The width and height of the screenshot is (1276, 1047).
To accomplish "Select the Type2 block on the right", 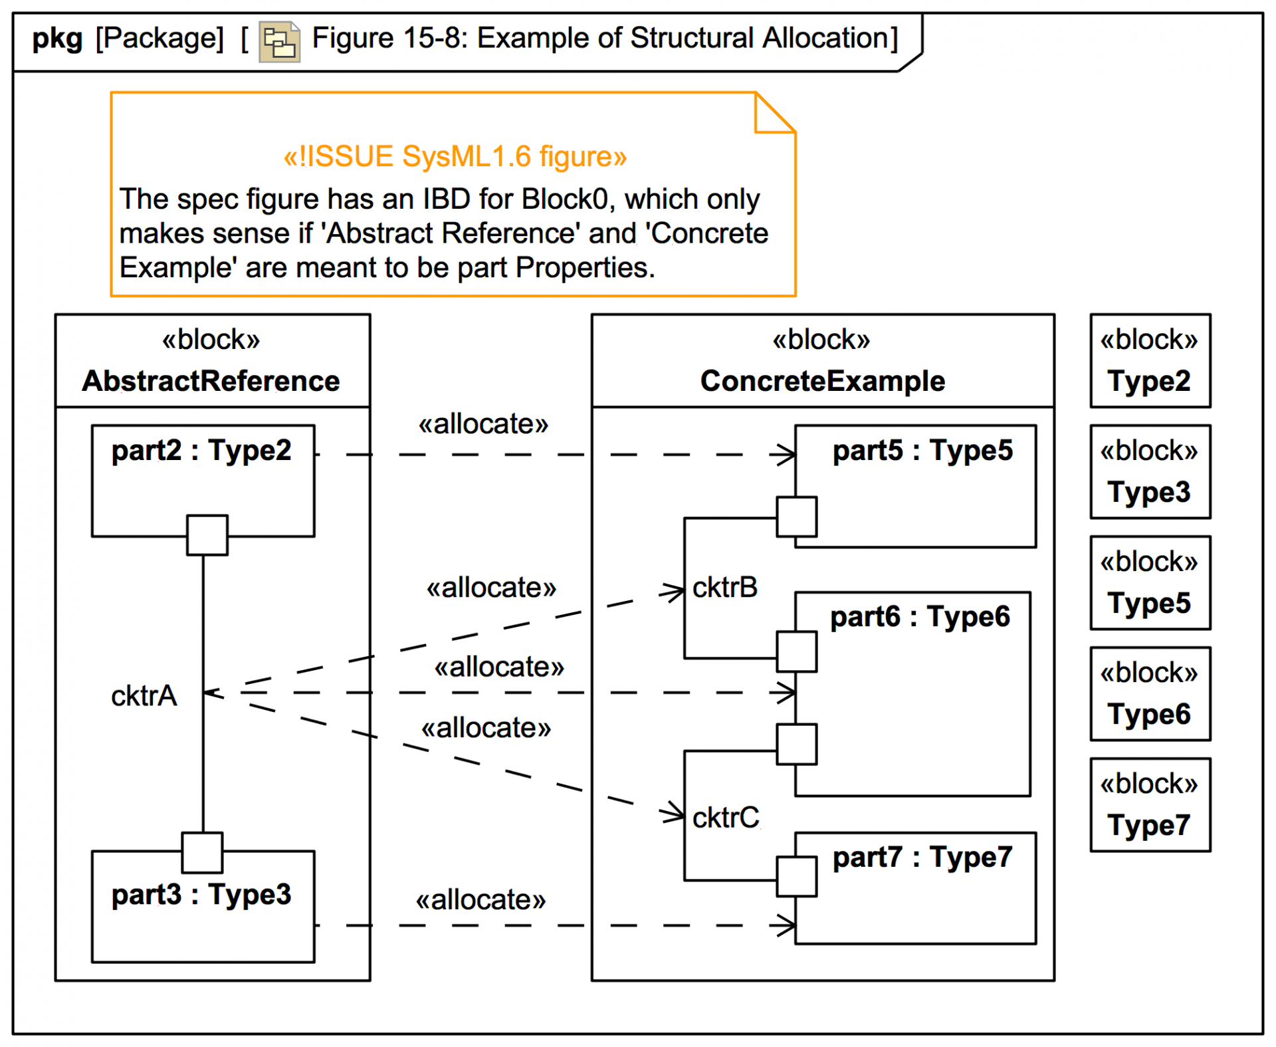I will [1150, 361].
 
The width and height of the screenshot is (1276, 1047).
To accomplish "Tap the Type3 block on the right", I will [1150, 472].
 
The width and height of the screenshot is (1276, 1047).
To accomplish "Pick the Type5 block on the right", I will [1150, 583].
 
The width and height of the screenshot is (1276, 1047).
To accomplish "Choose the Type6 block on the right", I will [1150, 694].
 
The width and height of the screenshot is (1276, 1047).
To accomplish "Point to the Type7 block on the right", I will [1150, 805].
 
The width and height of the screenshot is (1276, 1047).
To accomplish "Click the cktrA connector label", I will [144, 696].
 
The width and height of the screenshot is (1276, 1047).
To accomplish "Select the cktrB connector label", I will [724, 588].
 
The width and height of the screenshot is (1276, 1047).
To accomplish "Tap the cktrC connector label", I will [725, 818].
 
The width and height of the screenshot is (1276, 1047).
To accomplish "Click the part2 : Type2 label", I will [201, 451].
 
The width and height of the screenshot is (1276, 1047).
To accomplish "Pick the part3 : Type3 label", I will [201, 895].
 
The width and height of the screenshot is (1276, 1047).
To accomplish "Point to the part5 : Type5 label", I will [922, 451].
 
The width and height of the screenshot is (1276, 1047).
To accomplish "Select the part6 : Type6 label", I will [920, 617].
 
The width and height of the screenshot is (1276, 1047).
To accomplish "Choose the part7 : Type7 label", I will [922, 858].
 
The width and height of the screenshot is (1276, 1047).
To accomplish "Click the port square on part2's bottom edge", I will [207, 535].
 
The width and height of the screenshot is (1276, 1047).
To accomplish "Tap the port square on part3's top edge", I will [203, 852].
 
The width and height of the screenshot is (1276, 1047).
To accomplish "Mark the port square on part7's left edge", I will [797, 877].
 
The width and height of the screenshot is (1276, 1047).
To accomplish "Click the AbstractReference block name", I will [211, 382].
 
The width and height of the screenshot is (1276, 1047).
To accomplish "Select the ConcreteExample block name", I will [822, 382].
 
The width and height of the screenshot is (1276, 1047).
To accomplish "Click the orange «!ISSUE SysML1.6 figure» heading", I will [455, 157].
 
